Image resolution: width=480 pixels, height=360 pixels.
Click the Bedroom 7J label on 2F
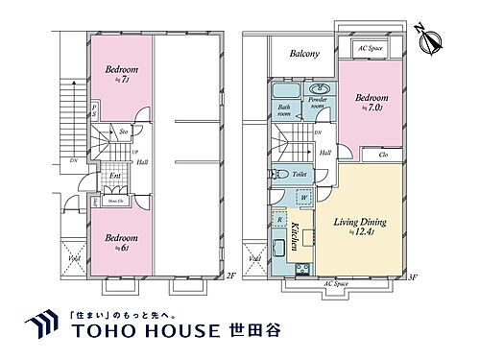121,73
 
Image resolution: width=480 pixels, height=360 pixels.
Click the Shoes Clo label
115,201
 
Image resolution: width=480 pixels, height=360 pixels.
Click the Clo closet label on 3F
383,154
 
